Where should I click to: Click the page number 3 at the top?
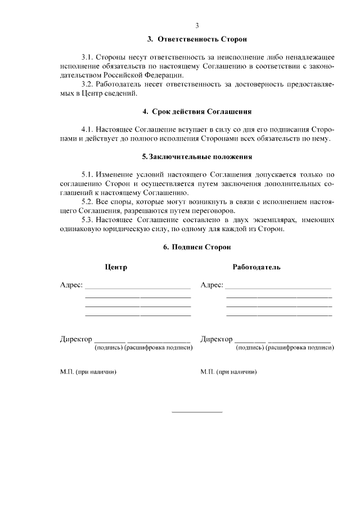click(x=197, y=25)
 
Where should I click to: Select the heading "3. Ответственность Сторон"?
click(x=197, y=40)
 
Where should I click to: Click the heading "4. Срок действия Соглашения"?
click(x=197, y=111)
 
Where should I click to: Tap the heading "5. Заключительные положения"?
click(x=197, y=156)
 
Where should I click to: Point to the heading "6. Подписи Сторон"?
click(x=197, y=246)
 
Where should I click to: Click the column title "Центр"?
click(x=116, y=267)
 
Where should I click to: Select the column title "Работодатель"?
click(x=256, y=267)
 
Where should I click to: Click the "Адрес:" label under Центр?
click(x=71, y=285)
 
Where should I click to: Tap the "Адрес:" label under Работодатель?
click(x=212, y=285)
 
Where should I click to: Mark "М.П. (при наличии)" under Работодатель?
click(x=228, y=372)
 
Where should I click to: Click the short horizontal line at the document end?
click(x=197, y=412)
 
